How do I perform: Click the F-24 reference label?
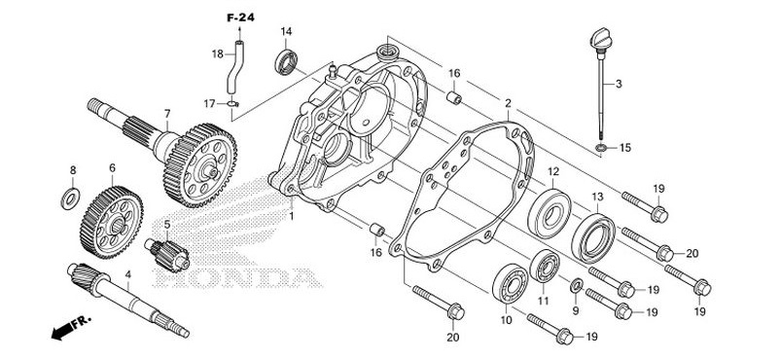pos(241,18)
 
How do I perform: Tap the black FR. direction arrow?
pos(61,331)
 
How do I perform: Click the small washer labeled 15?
pos(601,148)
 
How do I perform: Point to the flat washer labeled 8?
pos(71,199)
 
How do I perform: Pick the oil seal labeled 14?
pos(286,62)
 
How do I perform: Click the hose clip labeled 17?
pos(232,103)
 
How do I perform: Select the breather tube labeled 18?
pos(234,68)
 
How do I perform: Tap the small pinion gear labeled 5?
pos(167,255)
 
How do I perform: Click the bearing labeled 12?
pos(550,214)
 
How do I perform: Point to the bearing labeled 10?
pos(510,284)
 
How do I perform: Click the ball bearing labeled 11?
pos(545,266)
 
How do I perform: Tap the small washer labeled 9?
pos(577,286)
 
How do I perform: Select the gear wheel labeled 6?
pos(111,222)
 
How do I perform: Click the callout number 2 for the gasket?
pos(508,103)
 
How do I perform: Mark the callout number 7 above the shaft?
pos(167,114)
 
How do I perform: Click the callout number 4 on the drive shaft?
pos(127,273)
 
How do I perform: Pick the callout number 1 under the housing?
pos(292,217)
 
